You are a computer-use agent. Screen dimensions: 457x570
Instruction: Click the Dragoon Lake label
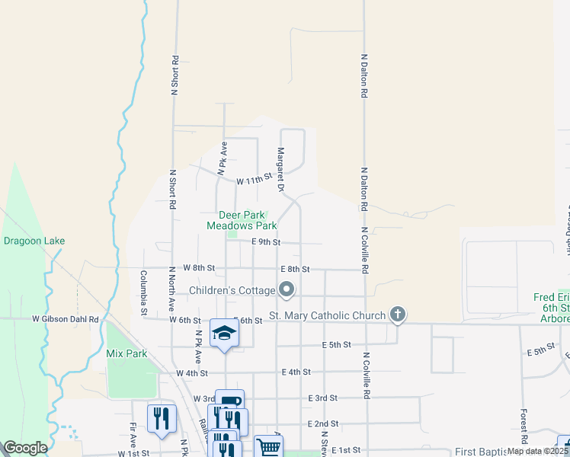point(34,241)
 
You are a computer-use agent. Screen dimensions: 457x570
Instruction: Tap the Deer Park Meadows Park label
point(242,220)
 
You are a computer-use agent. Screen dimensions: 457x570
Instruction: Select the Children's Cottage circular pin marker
point(287,289)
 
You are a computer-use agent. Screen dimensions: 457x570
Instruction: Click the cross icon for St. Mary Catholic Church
point(396,314)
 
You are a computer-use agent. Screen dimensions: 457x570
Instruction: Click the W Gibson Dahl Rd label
point(66,319)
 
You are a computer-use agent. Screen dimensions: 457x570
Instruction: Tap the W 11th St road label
point(254,181)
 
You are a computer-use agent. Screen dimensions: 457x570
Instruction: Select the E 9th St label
point(266,242)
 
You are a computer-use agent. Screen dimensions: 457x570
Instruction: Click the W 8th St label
point(200,268)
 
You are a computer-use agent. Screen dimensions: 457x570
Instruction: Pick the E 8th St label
point(295,269)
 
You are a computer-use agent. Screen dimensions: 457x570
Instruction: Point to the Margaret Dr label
point(280,169)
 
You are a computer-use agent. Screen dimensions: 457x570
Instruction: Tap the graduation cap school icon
point(223,332)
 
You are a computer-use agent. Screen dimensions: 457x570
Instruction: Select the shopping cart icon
point(267,447)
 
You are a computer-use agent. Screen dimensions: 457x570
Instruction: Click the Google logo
point(26,448)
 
